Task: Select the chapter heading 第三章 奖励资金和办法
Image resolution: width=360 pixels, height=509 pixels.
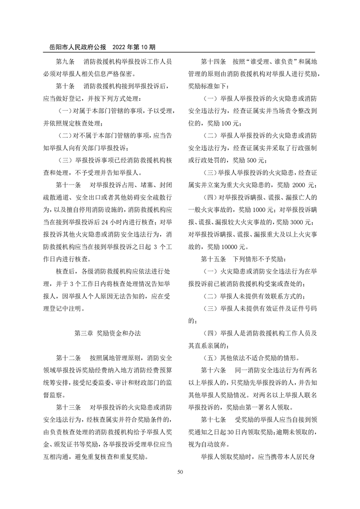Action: click(x=108, y=333)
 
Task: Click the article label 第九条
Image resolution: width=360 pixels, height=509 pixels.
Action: click(x=65, y=61)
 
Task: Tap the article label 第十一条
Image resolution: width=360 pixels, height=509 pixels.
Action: click(x=68, y=185)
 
